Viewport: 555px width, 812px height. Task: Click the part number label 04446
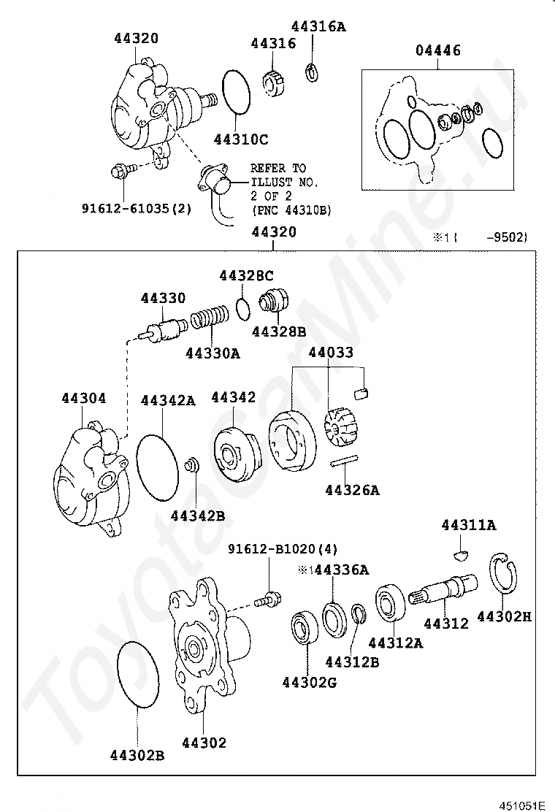click(438, 50)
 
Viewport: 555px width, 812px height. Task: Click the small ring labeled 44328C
click(243, 308)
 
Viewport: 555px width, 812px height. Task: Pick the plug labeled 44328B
click(275, 302)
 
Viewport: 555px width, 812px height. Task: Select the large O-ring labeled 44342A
click(158, 467)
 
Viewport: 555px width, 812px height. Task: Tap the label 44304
click(84, 398)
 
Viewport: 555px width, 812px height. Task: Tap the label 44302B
click(137, 755)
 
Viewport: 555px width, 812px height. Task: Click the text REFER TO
click(278, 168)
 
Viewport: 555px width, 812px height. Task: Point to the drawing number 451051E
click(522, 805)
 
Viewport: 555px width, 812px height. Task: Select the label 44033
click(331, 353)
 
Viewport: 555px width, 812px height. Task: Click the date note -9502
click(510, 237)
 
